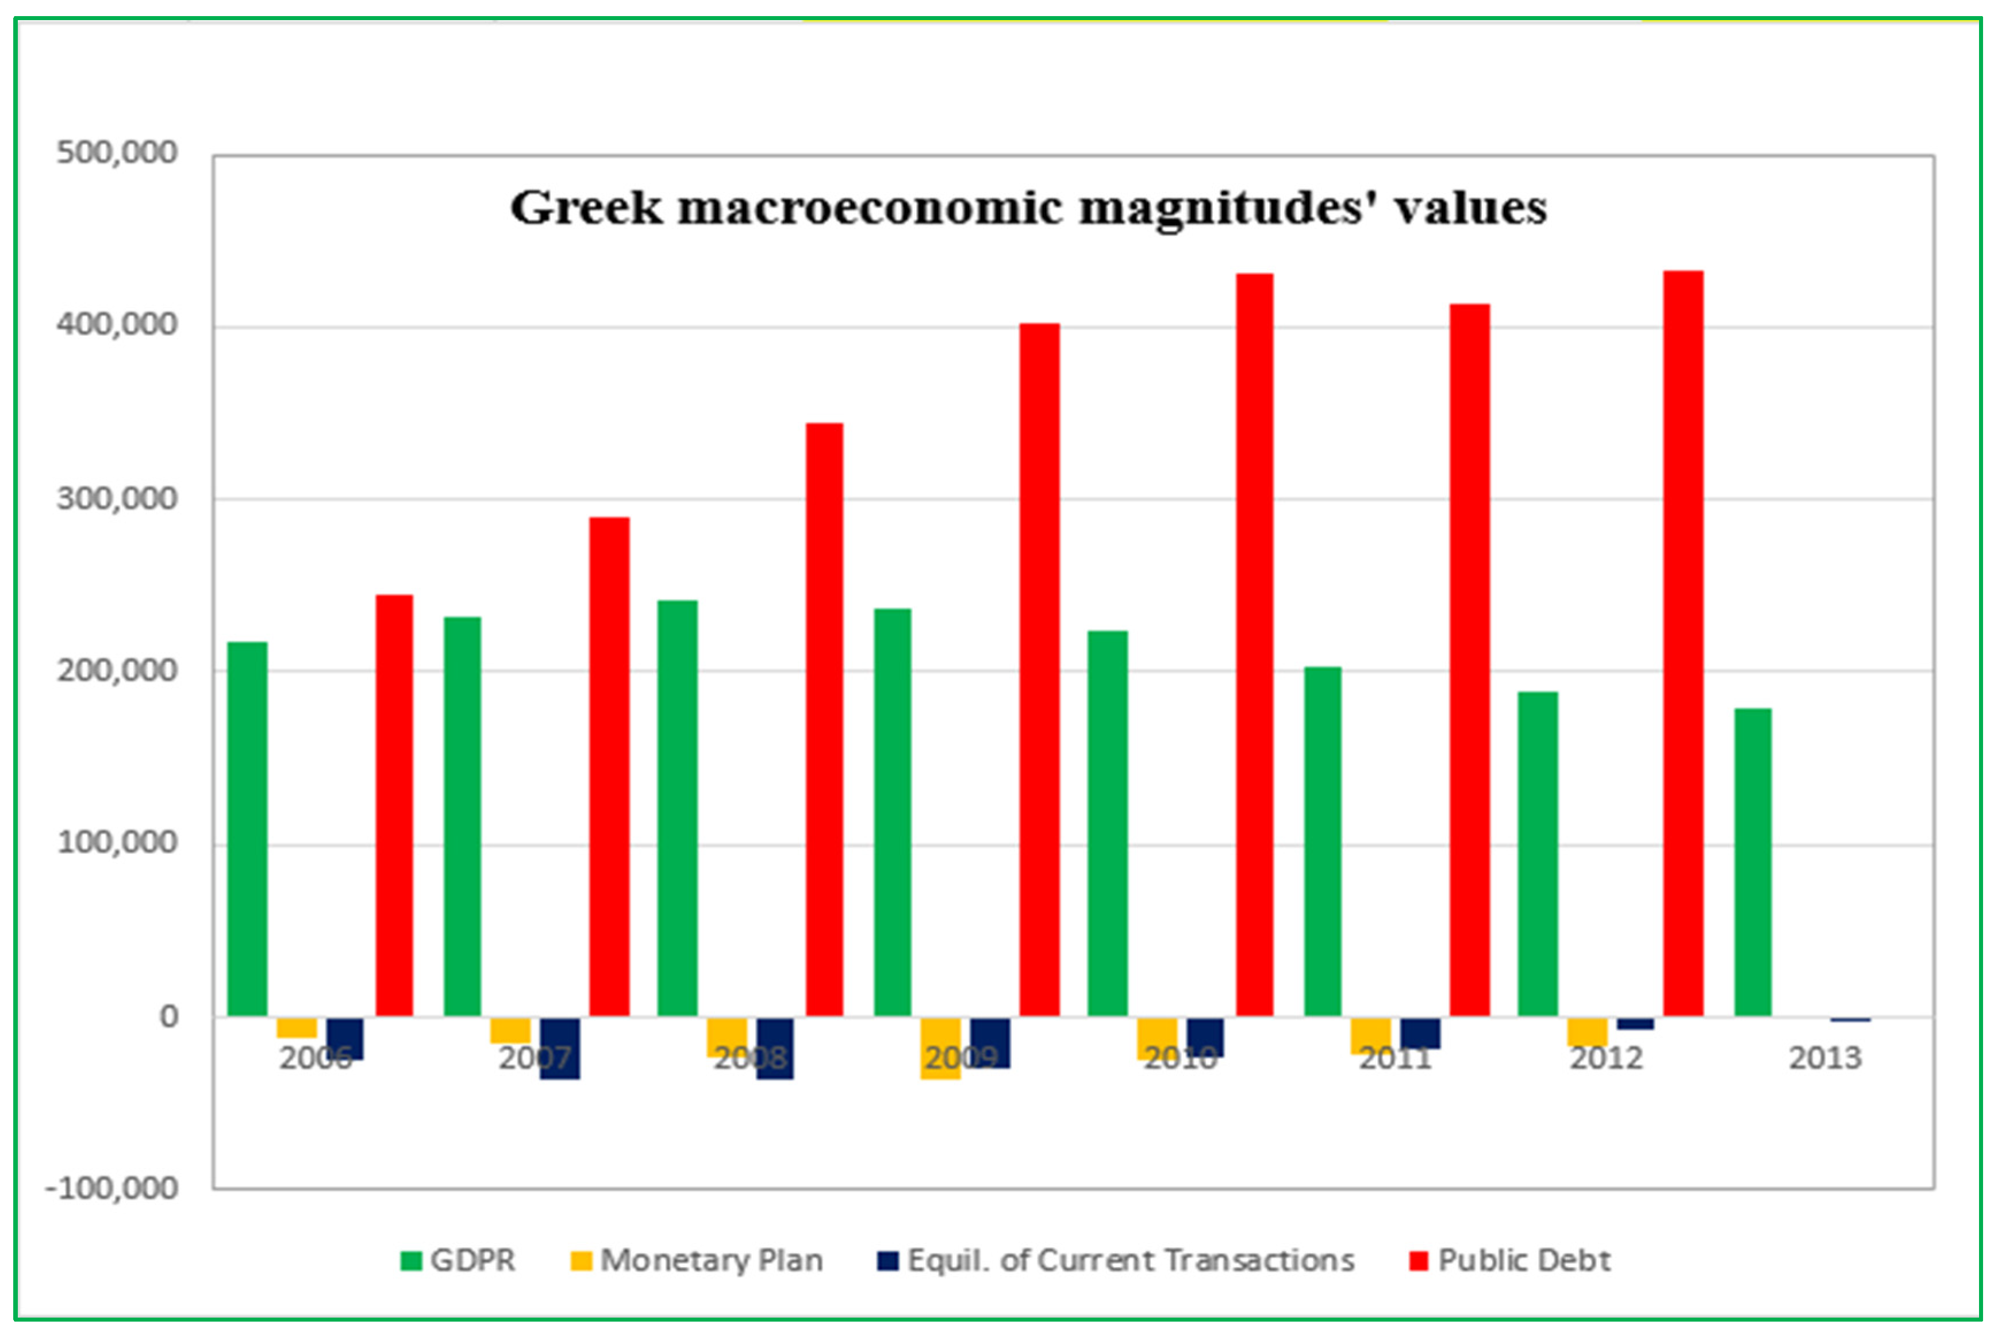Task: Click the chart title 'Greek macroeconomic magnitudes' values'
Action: point(1028,208)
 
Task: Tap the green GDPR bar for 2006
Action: point(247,828)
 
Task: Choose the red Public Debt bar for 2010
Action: point(1255,644)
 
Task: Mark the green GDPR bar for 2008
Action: point(677,808)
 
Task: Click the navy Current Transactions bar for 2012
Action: point(1635,1023)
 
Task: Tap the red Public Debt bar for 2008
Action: point(825,719)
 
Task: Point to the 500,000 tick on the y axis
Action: point(117,153)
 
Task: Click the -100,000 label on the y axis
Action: point(112,1188)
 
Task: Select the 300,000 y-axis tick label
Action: point(117,498)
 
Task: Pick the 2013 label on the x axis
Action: point(1824,1058)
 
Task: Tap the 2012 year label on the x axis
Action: point(1607,1058)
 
